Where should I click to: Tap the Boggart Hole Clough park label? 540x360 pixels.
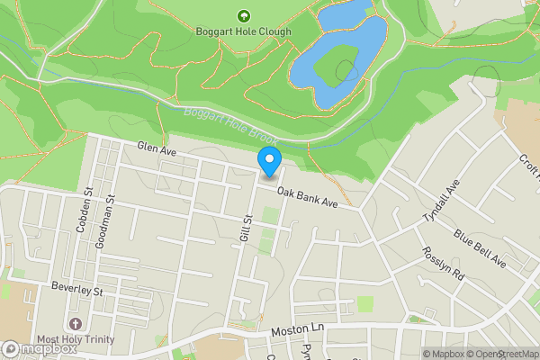tap(242, 31)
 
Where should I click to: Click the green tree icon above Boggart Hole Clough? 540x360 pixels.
tap(242, 15)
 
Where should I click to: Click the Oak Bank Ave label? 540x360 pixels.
tap(307, 198)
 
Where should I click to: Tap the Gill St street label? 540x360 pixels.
tap(244, 227)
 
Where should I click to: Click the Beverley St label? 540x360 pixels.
tap(77, 291)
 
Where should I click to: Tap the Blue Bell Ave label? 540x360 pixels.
tap(480, 249)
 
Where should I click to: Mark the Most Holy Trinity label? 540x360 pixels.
tap(75, 339)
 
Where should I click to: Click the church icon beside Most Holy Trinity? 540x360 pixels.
tap(75, 323)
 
